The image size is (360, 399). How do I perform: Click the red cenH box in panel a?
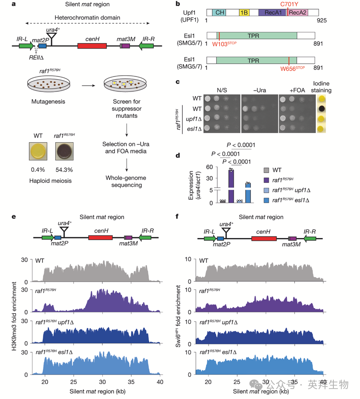point(92,45)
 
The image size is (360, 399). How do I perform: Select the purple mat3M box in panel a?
point(125,45)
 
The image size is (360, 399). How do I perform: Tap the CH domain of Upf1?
point(220,13)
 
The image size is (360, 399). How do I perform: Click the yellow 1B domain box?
point(244,13)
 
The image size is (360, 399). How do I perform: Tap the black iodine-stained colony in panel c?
point(321,109)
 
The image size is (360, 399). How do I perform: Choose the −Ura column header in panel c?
point(258,89)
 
